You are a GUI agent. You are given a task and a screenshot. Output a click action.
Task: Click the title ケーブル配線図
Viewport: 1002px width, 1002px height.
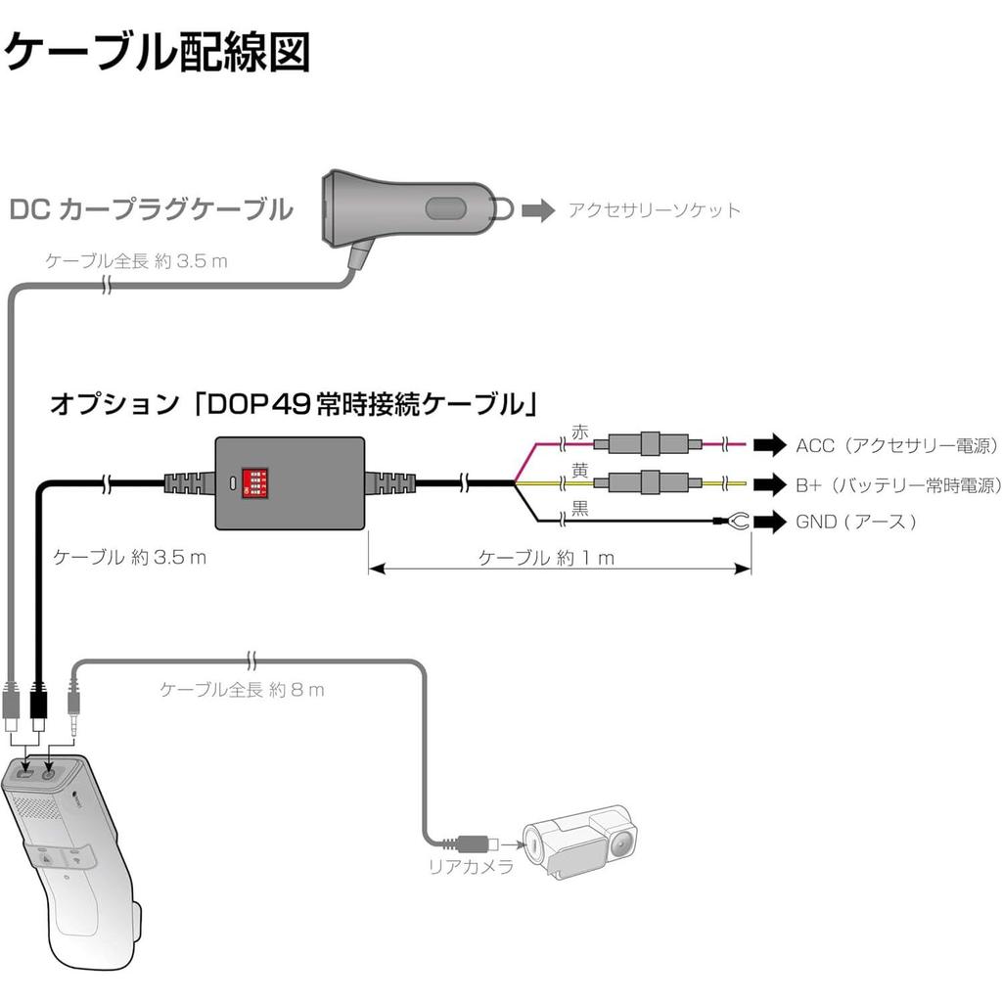point(157,52)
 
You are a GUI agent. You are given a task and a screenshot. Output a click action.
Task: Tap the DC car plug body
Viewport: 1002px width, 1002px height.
point(406,208)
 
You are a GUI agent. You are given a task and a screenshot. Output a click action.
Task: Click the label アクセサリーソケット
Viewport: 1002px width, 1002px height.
point(655,210)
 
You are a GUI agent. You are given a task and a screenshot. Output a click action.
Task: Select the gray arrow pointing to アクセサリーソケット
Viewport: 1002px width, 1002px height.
point(538,209)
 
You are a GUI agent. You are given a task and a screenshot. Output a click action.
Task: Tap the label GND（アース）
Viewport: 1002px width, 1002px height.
point(856,523)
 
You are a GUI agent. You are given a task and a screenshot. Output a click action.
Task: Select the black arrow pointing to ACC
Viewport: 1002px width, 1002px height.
point(770,446)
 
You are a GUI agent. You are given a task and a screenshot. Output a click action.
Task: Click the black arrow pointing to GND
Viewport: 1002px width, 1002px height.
point(770,523)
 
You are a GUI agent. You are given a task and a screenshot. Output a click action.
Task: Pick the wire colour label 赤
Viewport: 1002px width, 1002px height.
point(579,433)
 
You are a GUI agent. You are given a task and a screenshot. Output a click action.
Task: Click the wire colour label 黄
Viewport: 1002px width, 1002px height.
point(579,471)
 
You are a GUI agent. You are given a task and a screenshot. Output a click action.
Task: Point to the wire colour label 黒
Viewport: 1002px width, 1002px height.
point(579,509)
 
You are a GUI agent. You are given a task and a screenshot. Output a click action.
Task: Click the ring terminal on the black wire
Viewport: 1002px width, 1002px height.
point(738,523)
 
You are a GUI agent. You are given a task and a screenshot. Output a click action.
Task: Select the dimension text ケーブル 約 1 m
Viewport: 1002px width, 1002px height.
point(545,558)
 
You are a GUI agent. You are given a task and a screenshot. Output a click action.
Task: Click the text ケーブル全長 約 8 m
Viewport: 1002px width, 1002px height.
point(242,690)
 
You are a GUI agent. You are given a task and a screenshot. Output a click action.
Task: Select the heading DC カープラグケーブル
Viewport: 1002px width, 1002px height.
point(151,209)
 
